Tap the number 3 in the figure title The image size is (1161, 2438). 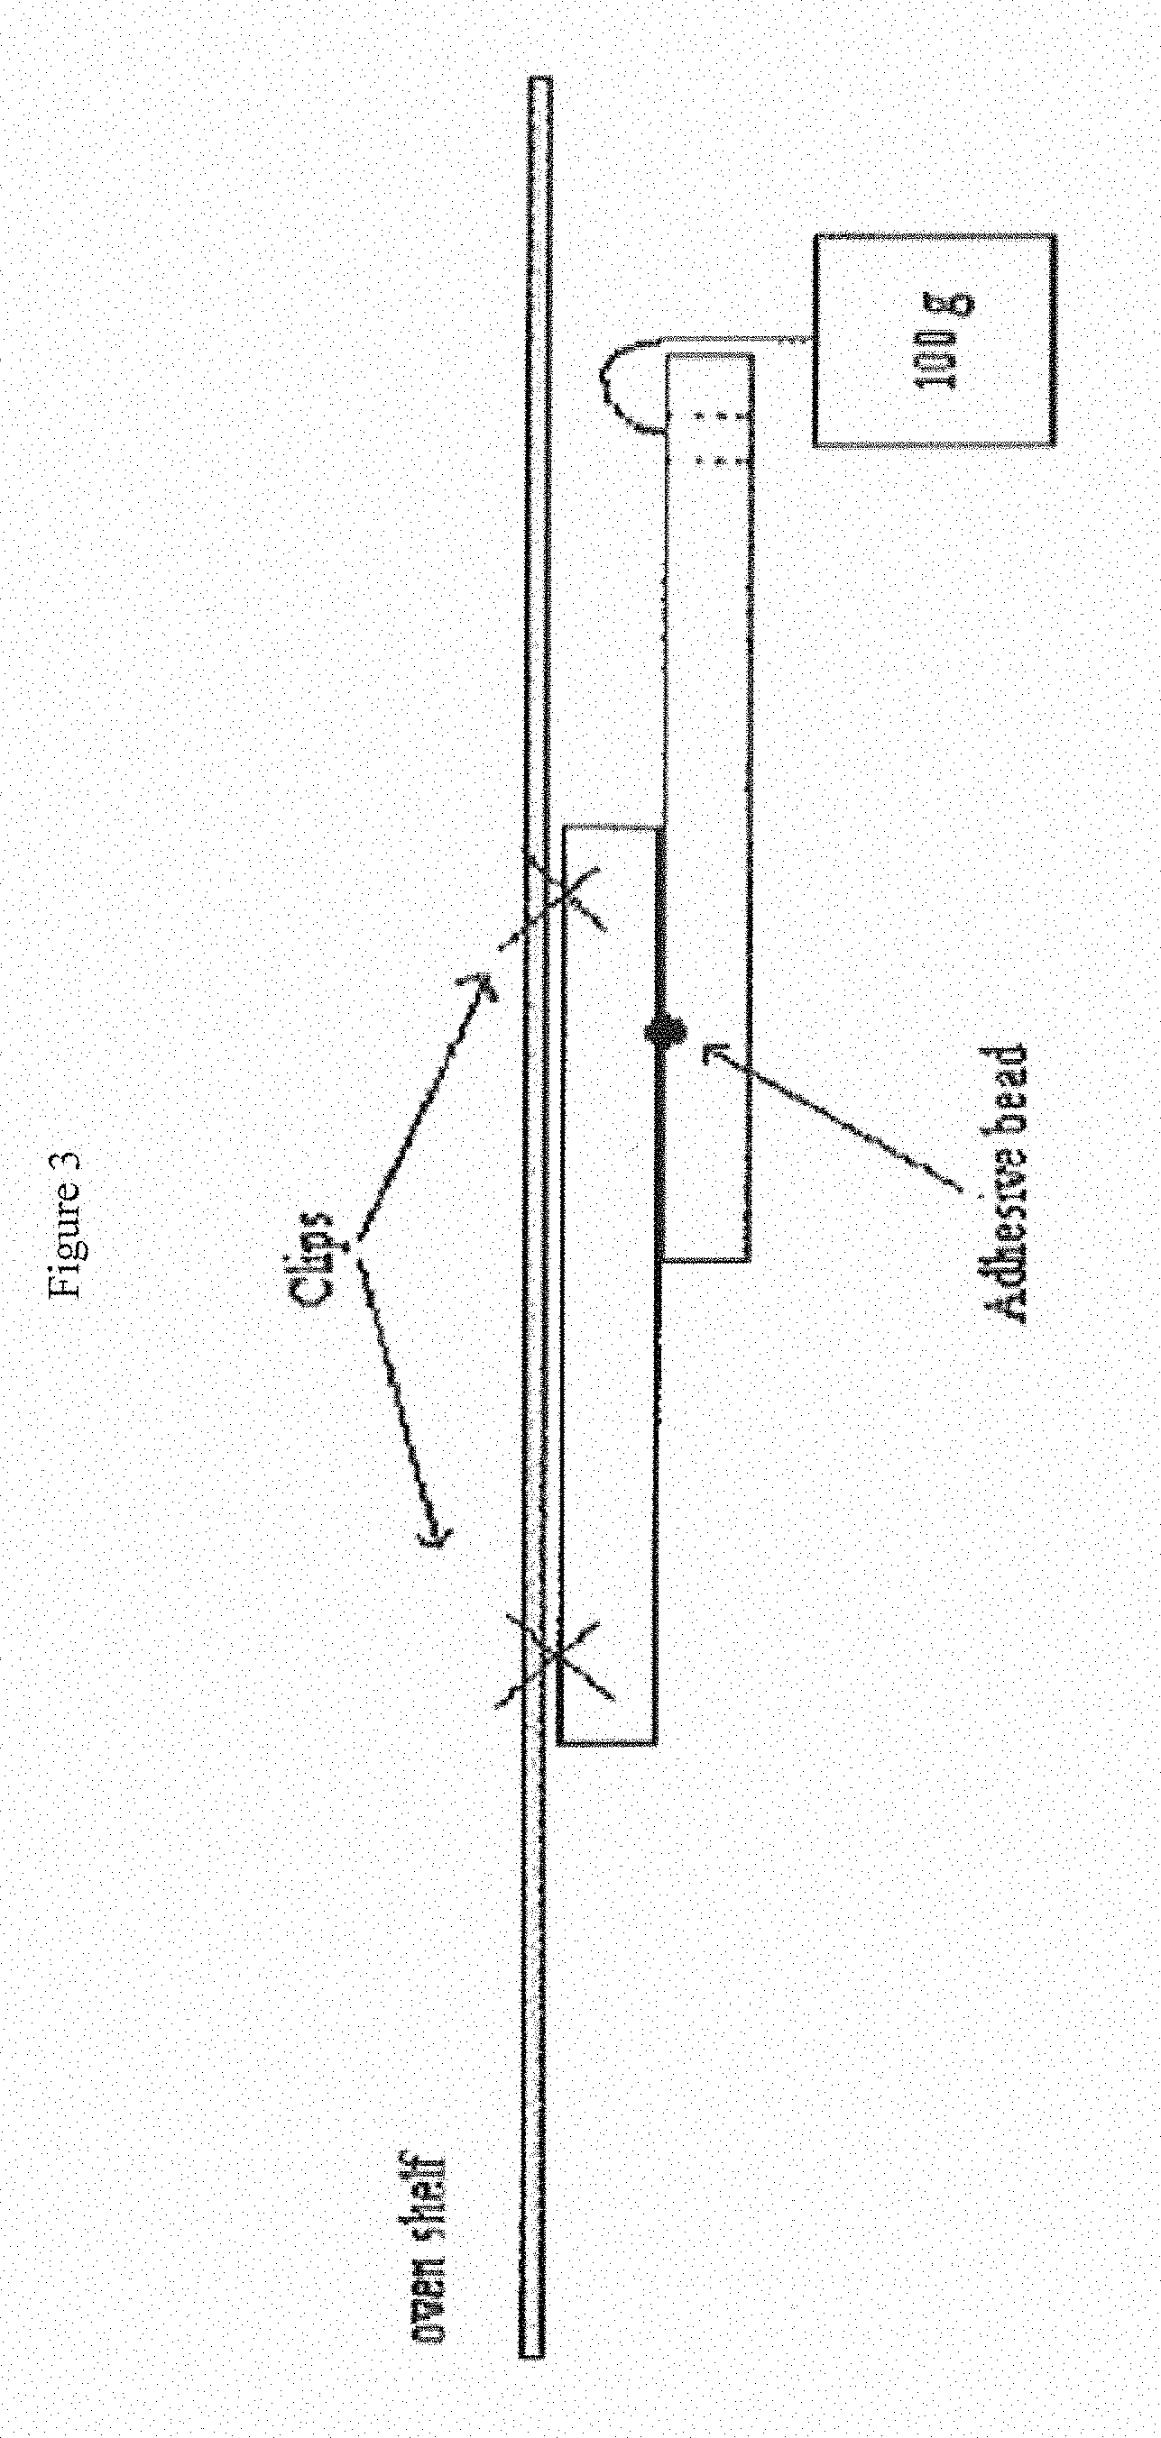[x=71, y=1160]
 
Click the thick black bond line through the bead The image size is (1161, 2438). [x=660, y=1136]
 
